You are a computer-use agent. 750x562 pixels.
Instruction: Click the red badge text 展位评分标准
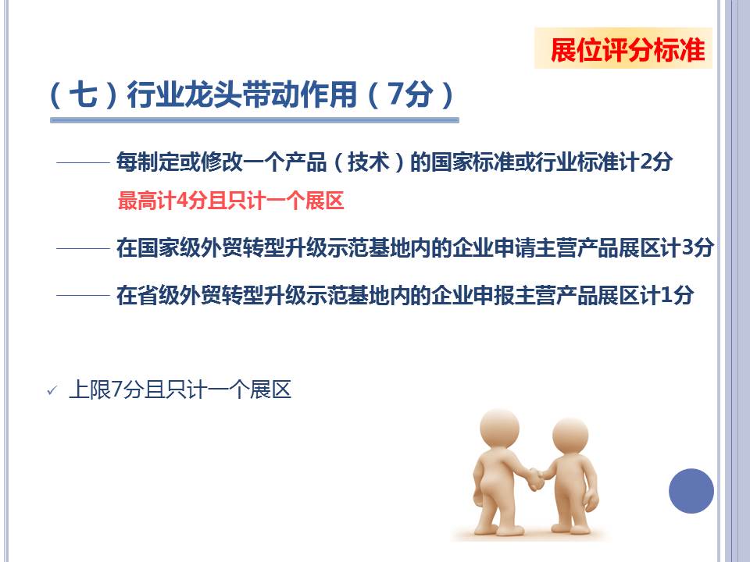tap(627, 50)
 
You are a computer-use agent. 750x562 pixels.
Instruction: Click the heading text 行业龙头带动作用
tap(241, 94)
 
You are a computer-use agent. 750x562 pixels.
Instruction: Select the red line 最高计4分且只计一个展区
tap(231, 201)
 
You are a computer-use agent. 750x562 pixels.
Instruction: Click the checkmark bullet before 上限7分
tap(52, 391)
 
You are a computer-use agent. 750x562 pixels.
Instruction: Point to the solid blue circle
tap(691, 491)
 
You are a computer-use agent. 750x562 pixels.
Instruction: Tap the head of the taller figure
tap(499, 429)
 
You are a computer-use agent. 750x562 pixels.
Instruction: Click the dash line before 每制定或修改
tap(84, 163)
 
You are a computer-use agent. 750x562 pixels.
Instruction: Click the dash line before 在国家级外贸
tap(84, 248)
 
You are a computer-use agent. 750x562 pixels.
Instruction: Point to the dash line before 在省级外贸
tap(84, 295)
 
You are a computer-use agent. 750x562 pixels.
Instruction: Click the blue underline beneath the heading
tap(255, 120)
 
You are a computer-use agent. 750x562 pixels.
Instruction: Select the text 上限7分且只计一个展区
tap(180, 390)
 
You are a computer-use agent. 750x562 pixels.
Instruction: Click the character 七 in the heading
tap(84, 94)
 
